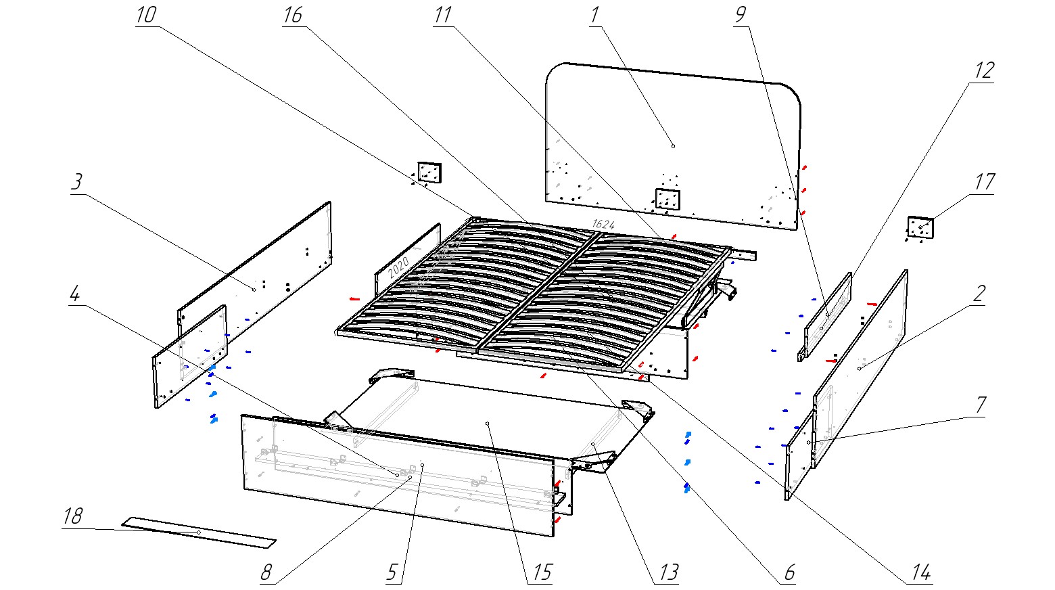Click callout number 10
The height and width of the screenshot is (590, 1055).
[145, 16]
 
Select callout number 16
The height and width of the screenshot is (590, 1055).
[293, 16]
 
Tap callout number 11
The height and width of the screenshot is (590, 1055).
[443, 16]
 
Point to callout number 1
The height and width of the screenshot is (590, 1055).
[594, 16]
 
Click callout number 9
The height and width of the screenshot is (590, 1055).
[742, 16]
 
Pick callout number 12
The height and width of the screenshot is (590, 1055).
[984, 70]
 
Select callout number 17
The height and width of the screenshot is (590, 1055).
[984, 182]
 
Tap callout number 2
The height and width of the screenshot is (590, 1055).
[979, 294]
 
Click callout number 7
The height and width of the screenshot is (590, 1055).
[980, 405]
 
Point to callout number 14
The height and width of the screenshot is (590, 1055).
[920, 572]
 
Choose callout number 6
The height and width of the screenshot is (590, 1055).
[789, 572]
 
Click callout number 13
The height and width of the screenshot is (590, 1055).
[667, 572]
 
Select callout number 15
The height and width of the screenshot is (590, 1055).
[541, 572]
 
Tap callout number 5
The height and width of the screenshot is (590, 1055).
[393, 572]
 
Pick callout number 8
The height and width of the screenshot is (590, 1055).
[267, 572]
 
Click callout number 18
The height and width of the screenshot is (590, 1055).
[72, 516]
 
